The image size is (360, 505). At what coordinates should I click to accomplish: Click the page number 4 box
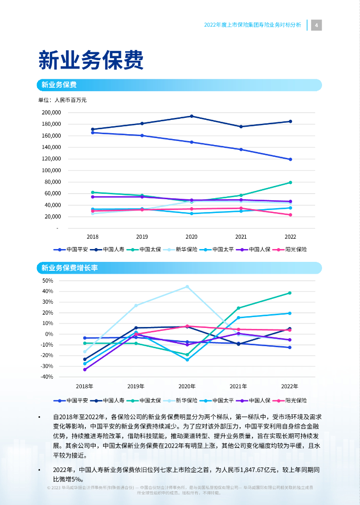click(x=316, y=25)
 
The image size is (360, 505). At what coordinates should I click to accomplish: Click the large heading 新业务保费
click(x=91, y=60)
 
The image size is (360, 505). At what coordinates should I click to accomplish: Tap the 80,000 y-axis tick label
click(x=52, y=182)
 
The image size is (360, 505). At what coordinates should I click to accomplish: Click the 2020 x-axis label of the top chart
click(x=191, y=237)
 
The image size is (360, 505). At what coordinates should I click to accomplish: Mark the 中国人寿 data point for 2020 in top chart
click(x=191, y=116)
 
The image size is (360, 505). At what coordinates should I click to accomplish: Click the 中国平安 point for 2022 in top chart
click(x=290, y=159)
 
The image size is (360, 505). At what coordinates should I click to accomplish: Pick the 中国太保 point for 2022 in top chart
click(x=290, y=182)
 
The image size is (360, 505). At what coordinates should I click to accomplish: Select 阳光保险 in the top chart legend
click(x=296, y=250)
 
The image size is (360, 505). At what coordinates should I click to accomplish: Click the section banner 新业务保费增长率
click(x=70, y=268)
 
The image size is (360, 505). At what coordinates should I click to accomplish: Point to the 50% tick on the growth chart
click(x=48, y=281)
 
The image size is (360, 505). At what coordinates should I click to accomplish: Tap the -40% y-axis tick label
click(x=47, y=377)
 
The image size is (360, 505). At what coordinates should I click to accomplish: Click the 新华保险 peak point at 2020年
click(x=187, y=287)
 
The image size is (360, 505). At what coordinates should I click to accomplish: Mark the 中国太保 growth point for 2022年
click(x=289, y=293)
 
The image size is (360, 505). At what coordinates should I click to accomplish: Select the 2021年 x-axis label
click(x=238, y=386)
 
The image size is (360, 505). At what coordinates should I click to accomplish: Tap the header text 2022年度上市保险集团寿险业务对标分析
click(x=252, y=25)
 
